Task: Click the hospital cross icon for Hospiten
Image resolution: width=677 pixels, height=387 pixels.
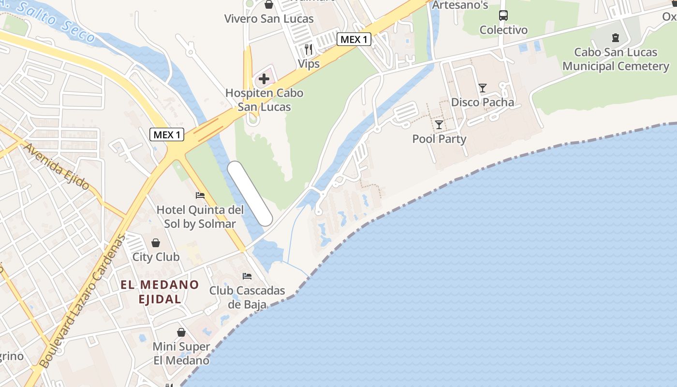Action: point(264,78)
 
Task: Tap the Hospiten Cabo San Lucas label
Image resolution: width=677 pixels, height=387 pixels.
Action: point(265,100)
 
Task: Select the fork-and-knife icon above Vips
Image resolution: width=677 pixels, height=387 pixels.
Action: point(309,49)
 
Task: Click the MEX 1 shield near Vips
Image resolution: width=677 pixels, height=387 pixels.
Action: point(354,40)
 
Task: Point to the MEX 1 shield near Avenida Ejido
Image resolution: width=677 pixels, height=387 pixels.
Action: point(167,134)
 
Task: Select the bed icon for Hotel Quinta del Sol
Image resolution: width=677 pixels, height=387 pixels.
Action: point(200,195)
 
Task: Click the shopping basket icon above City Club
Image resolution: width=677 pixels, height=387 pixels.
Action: point(156,242)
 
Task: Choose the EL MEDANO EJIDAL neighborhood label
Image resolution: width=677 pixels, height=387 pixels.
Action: point(160,292)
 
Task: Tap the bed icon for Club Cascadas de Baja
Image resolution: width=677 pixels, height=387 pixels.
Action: point(247,276)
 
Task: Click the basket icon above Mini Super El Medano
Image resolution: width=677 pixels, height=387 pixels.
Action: point(181,332)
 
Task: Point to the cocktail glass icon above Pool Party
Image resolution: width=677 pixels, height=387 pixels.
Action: point(439,125)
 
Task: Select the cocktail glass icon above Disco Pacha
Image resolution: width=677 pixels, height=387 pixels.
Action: point(483,88)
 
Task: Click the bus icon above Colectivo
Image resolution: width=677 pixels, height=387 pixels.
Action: point(503,15)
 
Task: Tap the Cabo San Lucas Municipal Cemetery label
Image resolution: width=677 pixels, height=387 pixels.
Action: point(616,59)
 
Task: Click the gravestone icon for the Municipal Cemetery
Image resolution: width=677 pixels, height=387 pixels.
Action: point(616,37)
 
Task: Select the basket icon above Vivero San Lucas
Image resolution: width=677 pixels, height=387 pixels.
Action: point(269,5)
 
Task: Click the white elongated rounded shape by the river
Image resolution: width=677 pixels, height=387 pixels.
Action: point(250,193)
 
